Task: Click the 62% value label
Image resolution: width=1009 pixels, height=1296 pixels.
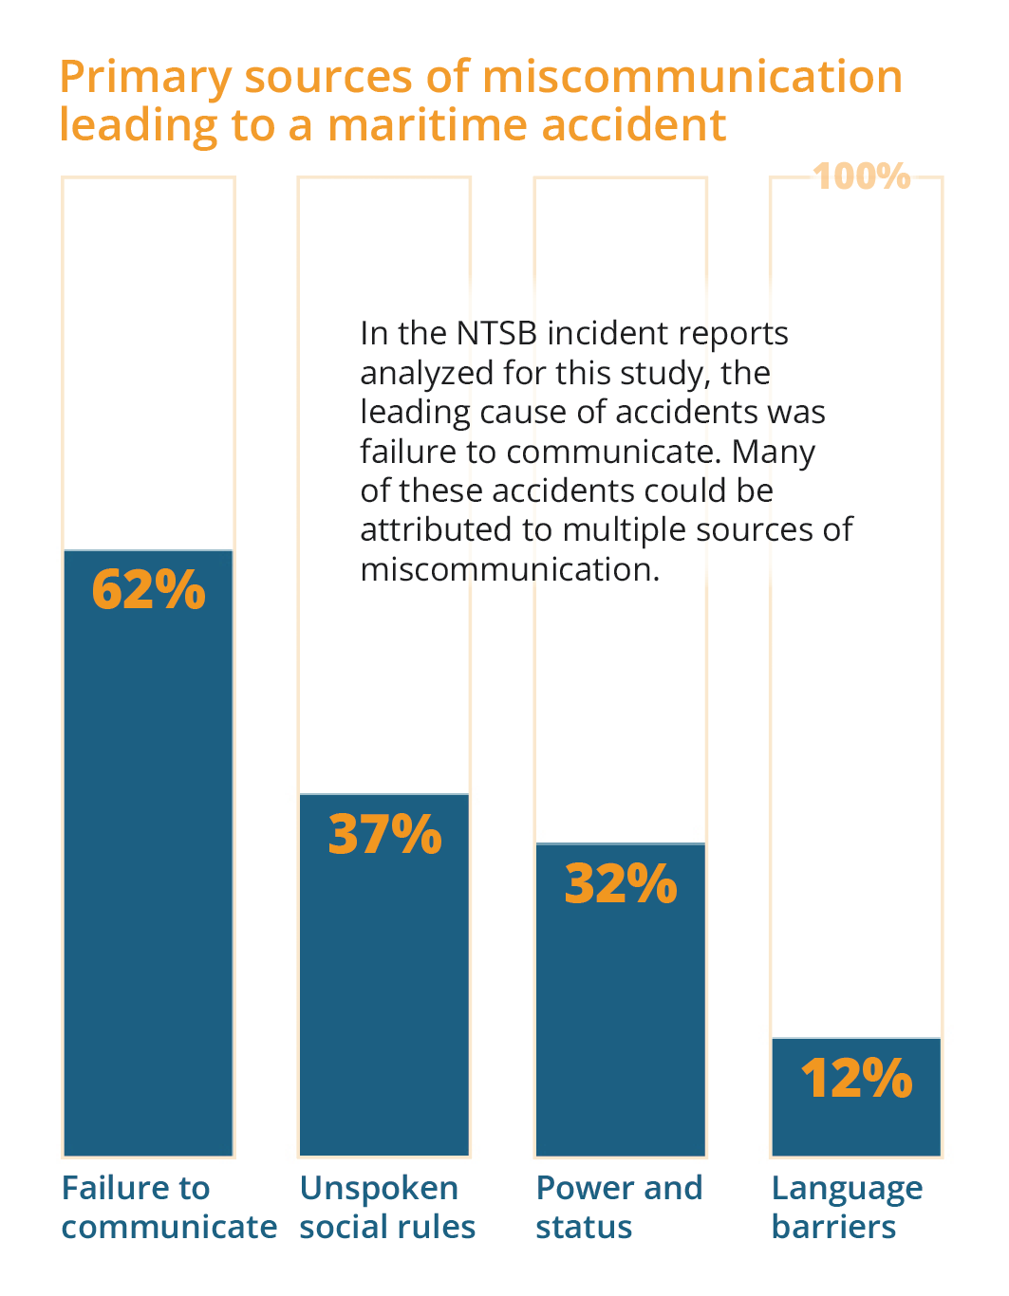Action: [x=148, y=589]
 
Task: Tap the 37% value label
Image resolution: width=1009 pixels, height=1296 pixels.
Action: [x=384, y=834]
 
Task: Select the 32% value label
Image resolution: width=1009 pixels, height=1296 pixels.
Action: [x=621, y=883]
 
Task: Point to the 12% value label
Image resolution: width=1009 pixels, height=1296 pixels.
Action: [x=856, y=1079]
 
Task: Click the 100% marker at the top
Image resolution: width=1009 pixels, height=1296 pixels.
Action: [x=862, y=176]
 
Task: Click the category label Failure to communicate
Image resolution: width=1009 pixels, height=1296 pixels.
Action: [x=169, y=1207]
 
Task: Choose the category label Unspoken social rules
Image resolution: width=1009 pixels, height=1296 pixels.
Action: [x=387, y=1207]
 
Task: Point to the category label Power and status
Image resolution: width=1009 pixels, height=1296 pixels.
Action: [x=619, y=1207]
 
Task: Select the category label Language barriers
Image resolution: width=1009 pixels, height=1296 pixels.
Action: [x=847, y=1207]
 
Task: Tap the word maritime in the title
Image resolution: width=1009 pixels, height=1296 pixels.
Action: [x=426, y=125]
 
